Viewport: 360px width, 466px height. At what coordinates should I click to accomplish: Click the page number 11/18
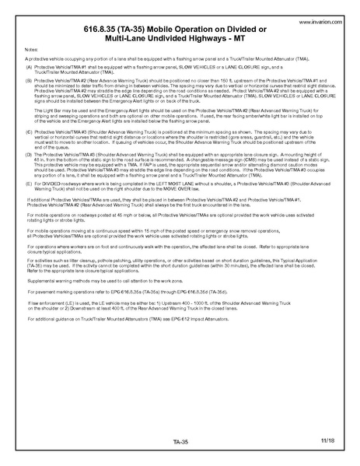327,440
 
